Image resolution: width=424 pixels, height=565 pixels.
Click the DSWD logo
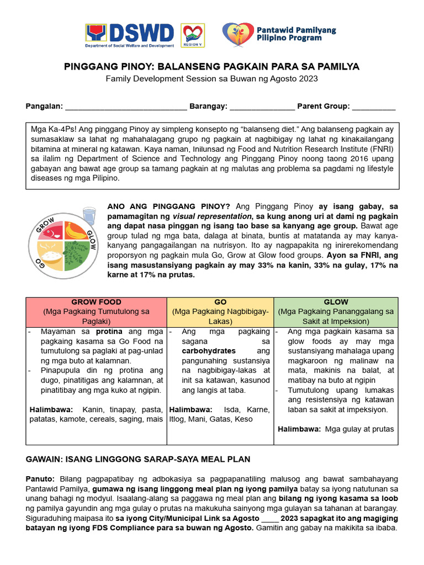[129, 34]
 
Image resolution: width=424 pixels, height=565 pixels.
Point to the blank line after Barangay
[262, 107]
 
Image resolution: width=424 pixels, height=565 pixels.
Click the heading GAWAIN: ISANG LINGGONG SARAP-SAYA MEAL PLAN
[138, 459]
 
